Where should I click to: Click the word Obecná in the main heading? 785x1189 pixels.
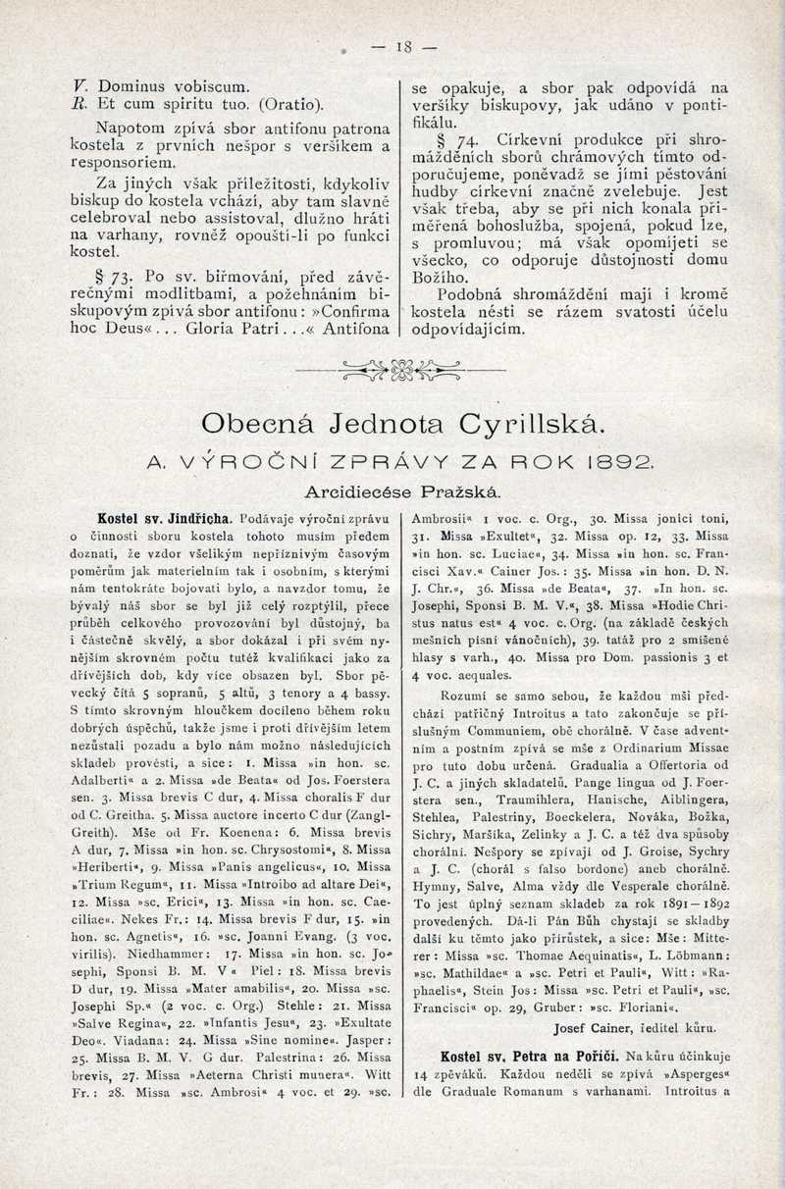[257, 424]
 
